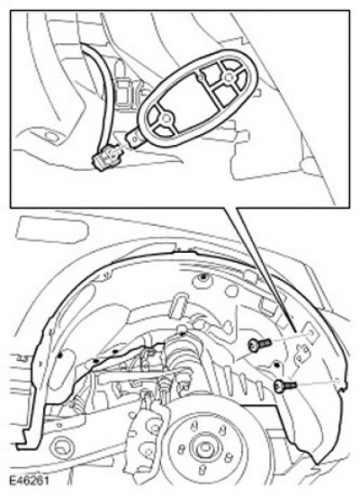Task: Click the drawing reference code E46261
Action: [x=29, y=481]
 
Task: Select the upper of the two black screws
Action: [x=260, y=344]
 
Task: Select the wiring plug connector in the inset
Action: [x=107, y=158]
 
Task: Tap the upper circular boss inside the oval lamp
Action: [x=228, y=77]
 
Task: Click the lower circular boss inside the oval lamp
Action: [x=165, y=118]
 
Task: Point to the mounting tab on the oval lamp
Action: [x=135, y=139]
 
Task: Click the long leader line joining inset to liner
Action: [x=265, y=269]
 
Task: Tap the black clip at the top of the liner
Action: [x=202, y=277]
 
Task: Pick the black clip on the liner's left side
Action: [x=59, y=356]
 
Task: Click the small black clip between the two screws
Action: [x=277, y=365]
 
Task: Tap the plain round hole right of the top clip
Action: [x=232, y=292]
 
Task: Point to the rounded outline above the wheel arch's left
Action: [x=51, y=229]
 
